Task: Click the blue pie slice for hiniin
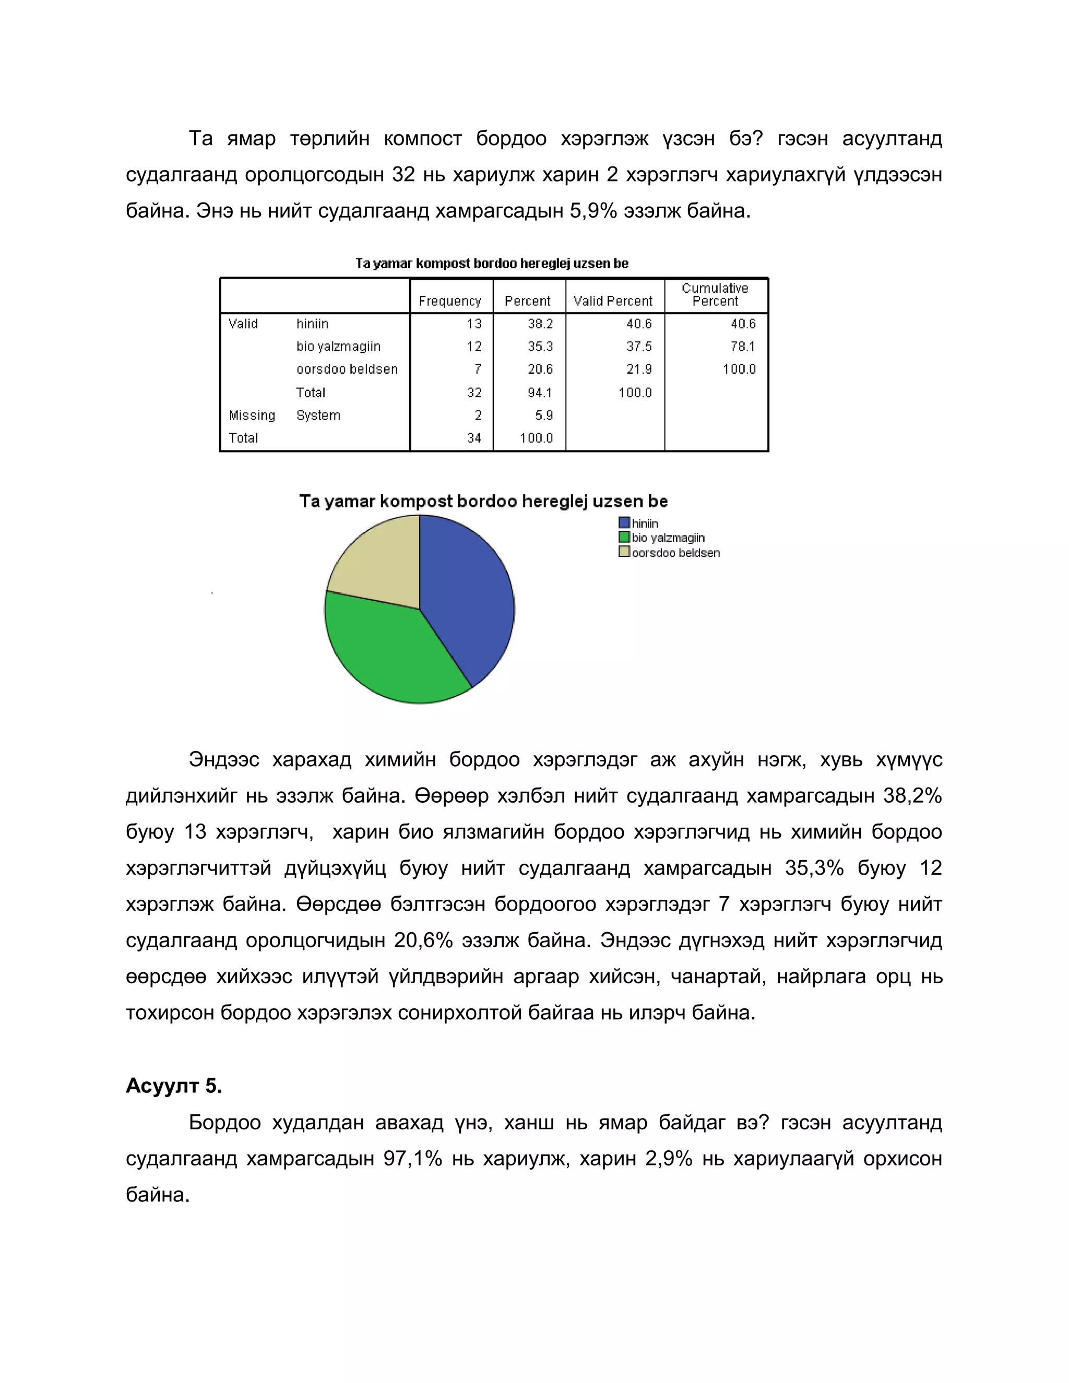pos(469,595)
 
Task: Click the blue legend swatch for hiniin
pos(624,523)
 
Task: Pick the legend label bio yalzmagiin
pos(668,538)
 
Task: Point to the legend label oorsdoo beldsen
pos(676,553)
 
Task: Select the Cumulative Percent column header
pos(715,294)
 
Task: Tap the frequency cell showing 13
pos(474,324)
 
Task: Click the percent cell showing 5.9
pos(543,415)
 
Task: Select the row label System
pos(318,415)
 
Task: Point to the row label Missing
pos(252,415)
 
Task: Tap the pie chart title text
pos(483,502)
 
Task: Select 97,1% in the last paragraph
pos(412,1158)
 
